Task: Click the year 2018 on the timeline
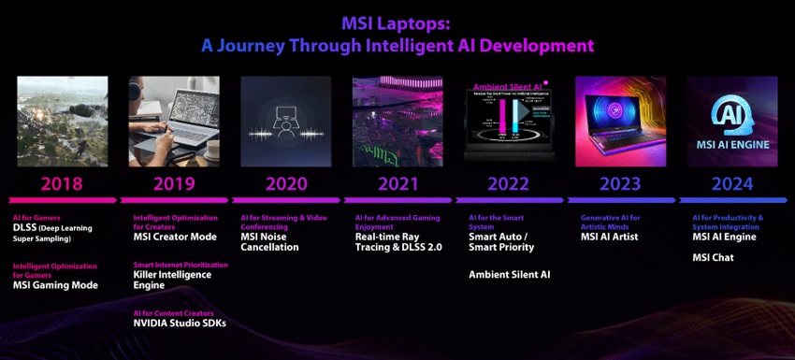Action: (x=61, y=183)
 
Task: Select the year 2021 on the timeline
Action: (x=397, y=183)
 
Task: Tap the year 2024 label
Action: (x=732, y=183)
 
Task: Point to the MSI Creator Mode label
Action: (x=175, y=237)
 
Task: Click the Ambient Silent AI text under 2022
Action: (x=509, y=275)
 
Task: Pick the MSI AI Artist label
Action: (x=611, y=237)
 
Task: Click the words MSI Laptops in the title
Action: (x=397, y=22)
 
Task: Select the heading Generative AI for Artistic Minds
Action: (x=610, y=221)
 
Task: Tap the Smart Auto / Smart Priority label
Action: (x=501, y=242)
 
